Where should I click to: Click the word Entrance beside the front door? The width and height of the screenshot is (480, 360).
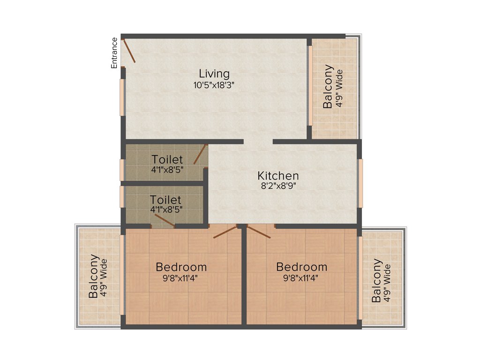114,53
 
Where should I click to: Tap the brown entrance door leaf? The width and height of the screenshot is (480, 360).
129,51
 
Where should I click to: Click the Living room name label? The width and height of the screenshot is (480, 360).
214,74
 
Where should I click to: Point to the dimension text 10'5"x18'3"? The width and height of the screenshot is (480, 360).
214,85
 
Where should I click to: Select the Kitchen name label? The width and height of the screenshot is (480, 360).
278,176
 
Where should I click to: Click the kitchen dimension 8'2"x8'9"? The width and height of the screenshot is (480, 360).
278,186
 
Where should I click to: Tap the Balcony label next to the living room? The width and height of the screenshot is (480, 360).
329,87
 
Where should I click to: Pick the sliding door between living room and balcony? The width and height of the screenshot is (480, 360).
310,86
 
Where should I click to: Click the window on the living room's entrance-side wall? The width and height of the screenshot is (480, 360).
122,97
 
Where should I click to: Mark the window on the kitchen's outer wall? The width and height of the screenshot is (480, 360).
360,183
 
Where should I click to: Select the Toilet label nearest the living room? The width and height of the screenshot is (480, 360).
167,160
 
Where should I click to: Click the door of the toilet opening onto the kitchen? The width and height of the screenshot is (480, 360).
200,154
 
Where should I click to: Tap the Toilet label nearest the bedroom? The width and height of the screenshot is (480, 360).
165,200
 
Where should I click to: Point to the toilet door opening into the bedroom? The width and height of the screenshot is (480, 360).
165,221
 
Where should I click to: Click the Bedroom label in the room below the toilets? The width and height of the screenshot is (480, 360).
181,267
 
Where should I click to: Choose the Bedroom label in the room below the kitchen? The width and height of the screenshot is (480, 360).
301,267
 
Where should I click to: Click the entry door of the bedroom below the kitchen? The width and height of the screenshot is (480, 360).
259,232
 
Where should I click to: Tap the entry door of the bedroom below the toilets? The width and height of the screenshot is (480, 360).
225,232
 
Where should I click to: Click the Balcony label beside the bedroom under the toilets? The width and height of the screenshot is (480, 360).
94,277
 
